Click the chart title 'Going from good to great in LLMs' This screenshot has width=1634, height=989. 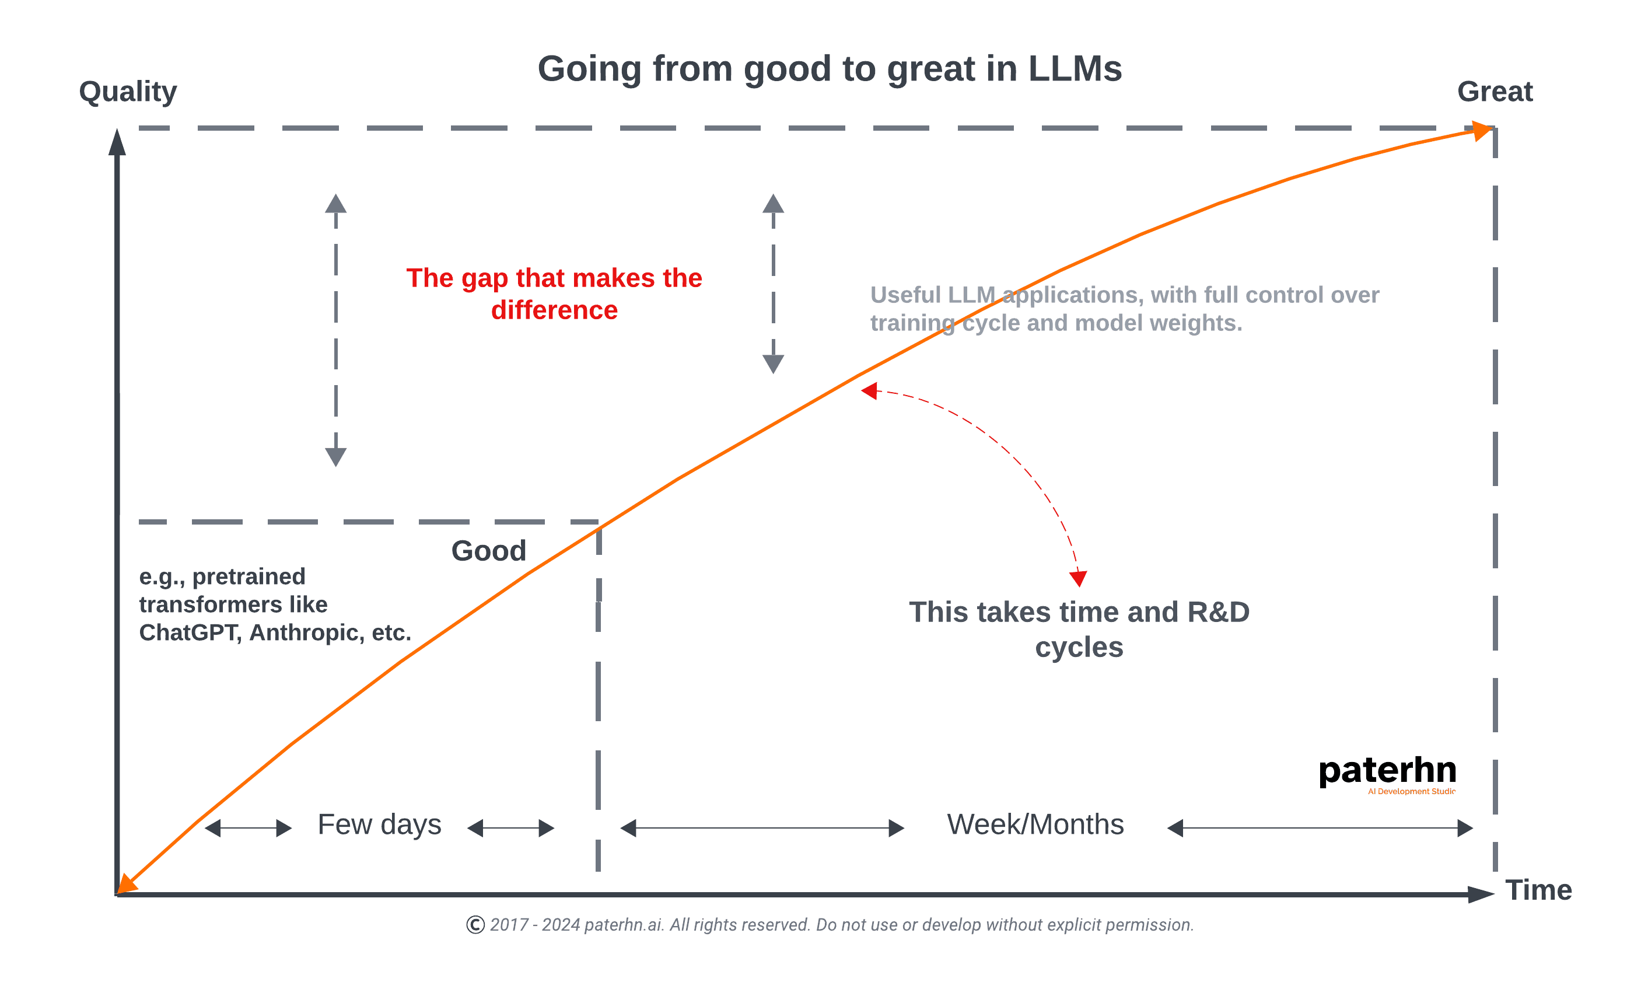click(829, 69)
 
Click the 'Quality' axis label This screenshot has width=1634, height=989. click(127, 92)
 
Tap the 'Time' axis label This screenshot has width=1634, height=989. click(1538, 890)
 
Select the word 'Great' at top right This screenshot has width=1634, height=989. click(1495, 92)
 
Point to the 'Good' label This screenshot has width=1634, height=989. click(489, 551)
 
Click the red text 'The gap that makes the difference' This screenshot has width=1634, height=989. click(554, 294)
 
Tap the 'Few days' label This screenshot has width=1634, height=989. click(379, 824)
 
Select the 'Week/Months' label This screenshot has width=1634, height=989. click(1035, 824)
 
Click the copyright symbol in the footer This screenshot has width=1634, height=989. click(475, 925)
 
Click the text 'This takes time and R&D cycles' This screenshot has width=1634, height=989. click(1079, 629)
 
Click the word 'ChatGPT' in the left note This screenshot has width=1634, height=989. click(188, 633)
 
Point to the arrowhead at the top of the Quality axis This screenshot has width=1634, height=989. click(117, 142)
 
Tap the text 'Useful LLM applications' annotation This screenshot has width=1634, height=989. click(1124, 309)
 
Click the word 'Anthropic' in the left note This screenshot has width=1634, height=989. click(306, 633)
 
